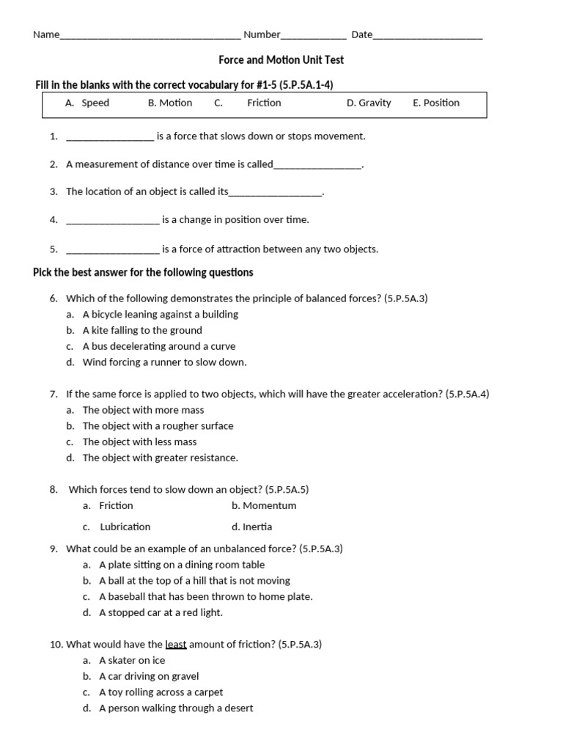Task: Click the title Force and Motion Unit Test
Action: click(x=281, y=59)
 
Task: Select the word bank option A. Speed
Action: click(x=87, y=103)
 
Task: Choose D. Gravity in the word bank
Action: click(x=369, y=103)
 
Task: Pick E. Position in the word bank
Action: click(x=436, y=103)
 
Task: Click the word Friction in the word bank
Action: click(x=264, y=103)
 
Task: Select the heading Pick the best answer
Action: click(x=143, y=273)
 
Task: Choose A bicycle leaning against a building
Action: click(x=160, y=315)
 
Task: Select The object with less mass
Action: click(x=139, y=442)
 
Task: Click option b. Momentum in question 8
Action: click(x=264, y=506)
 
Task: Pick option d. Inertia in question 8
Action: click(x=251, y=527)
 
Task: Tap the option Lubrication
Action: click(x=125, y=527)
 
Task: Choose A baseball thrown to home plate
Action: click(x=205, y=597)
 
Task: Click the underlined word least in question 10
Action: click(x=176, y=645)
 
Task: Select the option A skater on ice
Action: click(x=132, y=661)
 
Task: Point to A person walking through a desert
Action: click(x=176, y=708)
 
